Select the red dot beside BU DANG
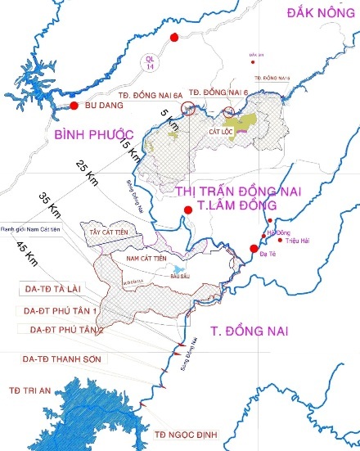pyautogui.click(x=74, y=106)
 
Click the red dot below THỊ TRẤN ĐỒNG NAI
pyautogui.click(x=189, y=210)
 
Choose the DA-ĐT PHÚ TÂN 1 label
pyautogui.click(x=61, y=311)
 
